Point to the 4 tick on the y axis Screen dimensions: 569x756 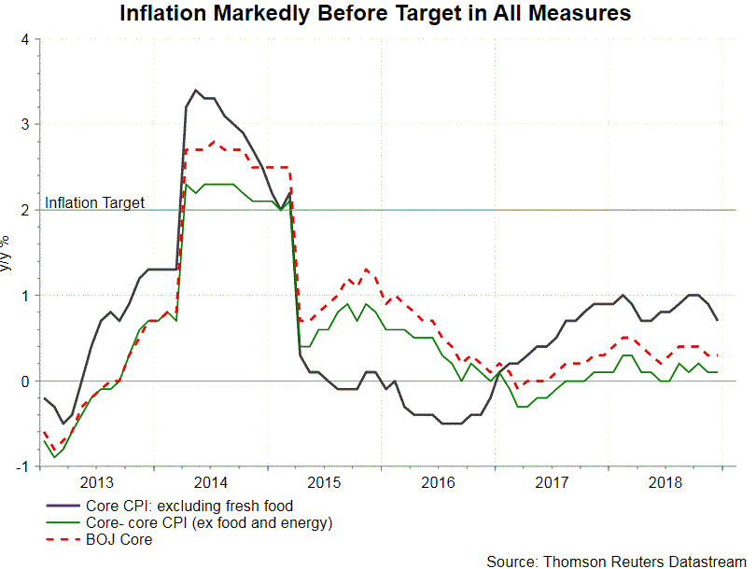25,39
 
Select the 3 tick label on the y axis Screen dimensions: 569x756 25,125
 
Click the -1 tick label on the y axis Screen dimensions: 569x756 22,467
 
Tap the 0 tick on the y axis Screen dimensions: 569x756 25,382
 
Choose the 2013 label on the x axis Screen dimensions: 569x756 97,482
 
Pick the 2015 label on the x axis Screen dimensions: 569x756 324,482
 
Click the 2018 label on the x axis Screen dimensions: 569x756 665,482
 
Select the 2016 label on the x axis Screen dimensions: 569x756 438,482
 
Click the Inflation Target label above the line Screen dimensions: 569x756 95,202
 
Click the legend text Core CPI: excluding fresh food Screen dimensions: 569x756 176,506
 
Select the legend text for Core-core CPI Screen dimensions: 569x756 208,522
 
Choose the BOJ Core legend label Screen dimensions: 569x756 119,539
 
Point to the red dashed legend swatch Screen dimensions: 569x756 63,539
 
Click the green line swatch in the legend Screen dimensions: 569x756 63,522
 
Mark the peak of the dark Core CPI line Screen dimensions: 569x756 195,90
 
